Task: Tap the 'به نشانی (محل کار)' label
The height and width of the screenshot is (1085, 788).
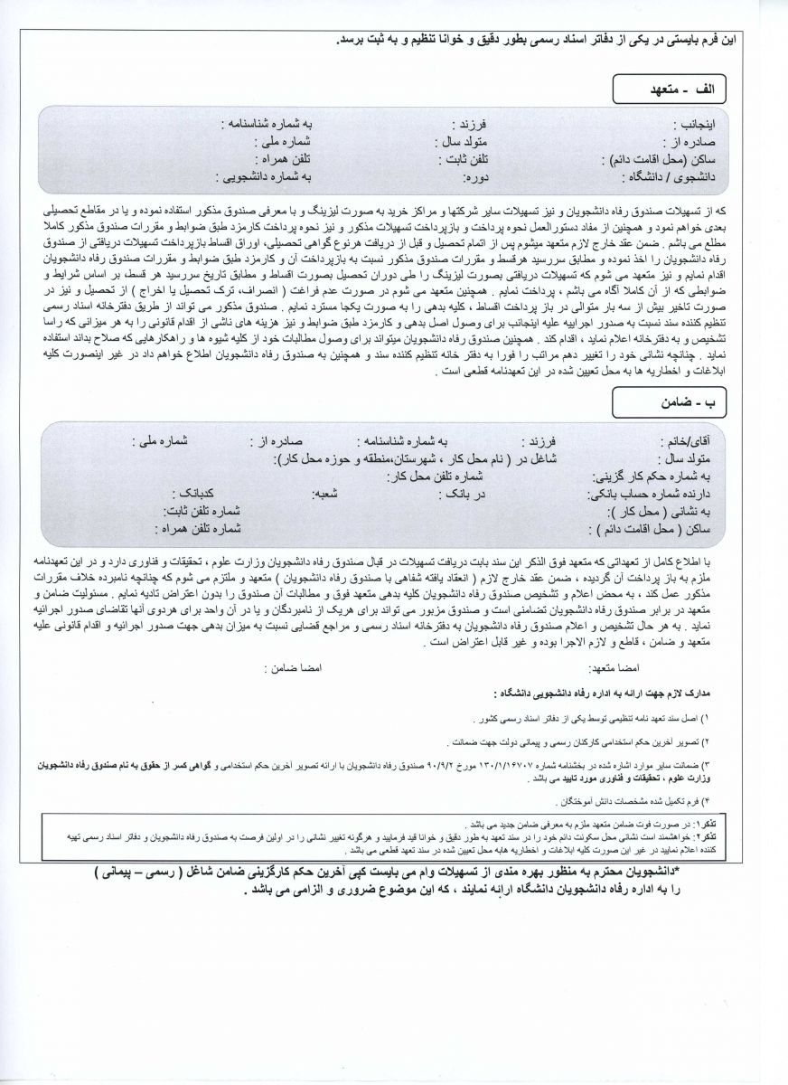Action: point(690,511)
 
